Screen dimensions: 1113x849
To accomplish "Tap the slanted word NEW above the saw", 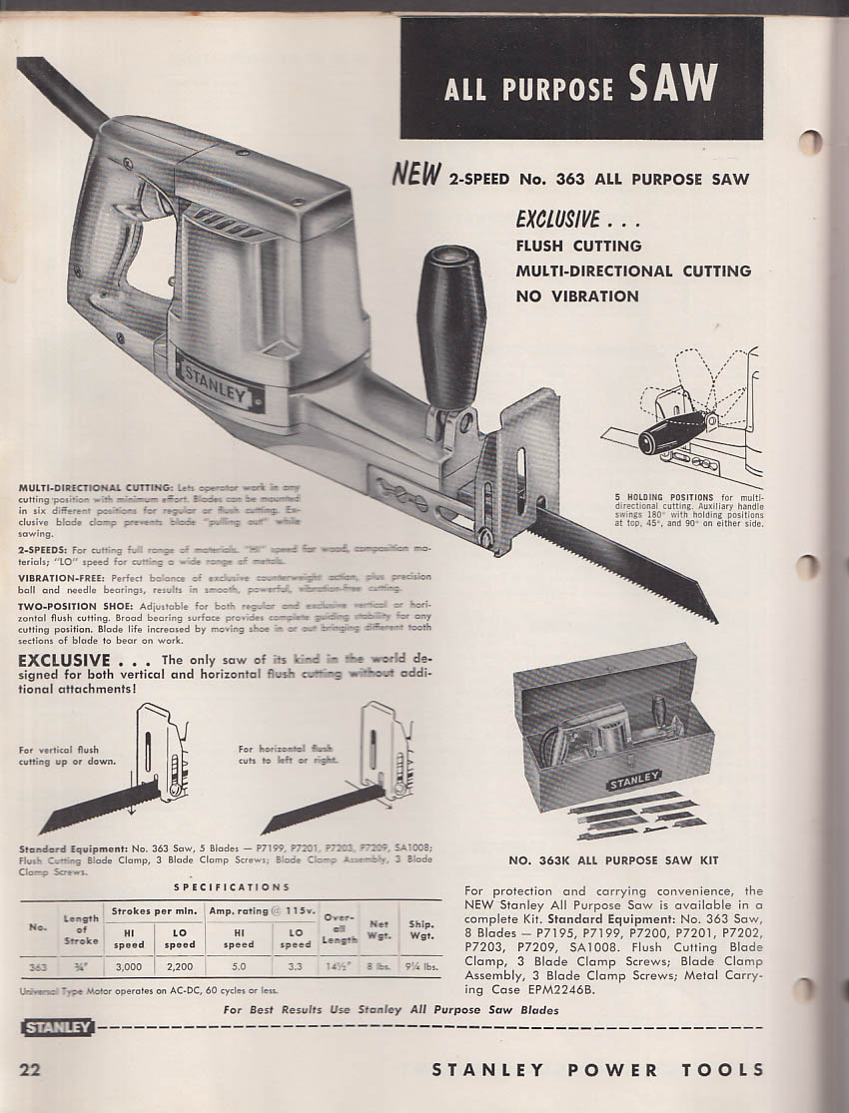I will tap(416, 176).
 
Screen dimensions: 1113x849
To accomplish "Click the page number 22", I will tap(31, 1069).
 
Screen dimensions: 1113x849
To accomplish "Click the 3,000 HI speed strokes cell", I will tap(128, 966).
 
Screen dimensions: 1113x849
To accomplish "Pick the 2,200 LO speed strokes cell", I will tap(180, 966).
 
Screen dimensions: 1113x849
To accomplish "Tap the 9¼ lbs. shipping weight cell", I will tap(422, 966).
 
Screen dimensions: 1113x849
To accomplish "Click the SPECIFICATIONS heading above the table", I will tap(232, 886).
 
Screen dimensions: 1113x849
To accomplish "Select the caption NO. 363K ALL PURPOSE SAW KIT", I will tap(613, 859).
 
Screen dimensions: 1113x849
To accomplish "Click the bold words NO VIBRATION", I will tap(577, 295).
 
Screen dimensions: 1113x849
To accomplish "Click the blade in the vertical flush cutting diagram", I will tap(95, 807).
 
